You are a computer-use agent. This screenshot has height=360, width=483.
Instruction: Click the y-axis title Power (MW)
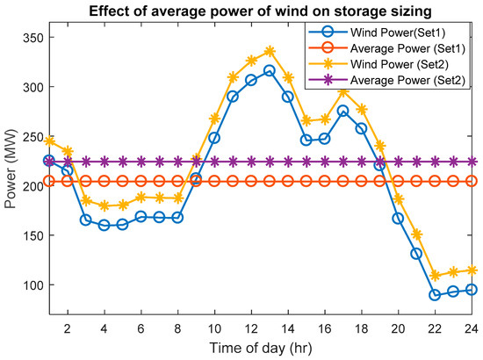point(11,171)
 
